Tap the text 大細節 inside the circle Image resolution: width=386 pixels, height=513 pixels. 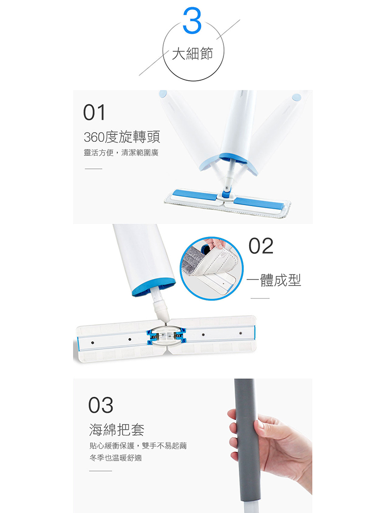click(x=192, y=53)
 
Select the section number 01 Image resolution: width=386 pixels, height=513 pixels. click(x=94, y=112)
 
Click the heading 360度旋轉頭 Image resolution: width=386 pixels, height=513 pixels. click(x=122, y=137)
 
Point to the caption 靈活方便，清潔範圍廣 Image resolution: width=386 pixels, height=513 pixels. click(x=121, y=153)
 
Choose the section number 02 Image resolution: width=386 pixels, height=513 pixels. click(x=261, y=246)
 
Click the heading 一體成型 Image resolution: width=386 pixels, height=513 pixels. click(x=274, y=280)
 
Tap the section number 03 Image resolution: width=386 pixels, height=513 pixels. click(x=100, y=405)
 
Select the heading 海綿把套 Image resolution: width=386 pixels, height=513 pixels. click(x=117, y=429)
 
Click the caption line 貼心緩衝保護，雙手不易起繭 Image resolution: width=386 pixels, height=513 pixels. click(x=138, y=446)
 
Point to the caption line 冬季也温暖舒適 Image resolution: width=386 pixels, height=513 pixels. click(x=115, y=457)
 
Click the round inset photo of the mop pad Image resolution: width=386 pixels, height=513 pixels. click(x=212, y=269)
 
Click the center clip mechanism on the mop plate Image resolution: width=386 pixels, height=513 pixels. click(x=166, y=336)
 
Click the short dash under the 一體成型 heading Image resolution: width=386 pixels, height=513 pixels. click(x=260, y=298)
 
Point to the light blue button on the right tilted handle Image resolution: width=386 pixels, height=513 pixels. click(x=296, y=97)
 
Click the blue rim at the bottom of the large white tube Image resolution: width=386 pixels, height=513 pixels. click(x=154, y=286)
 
